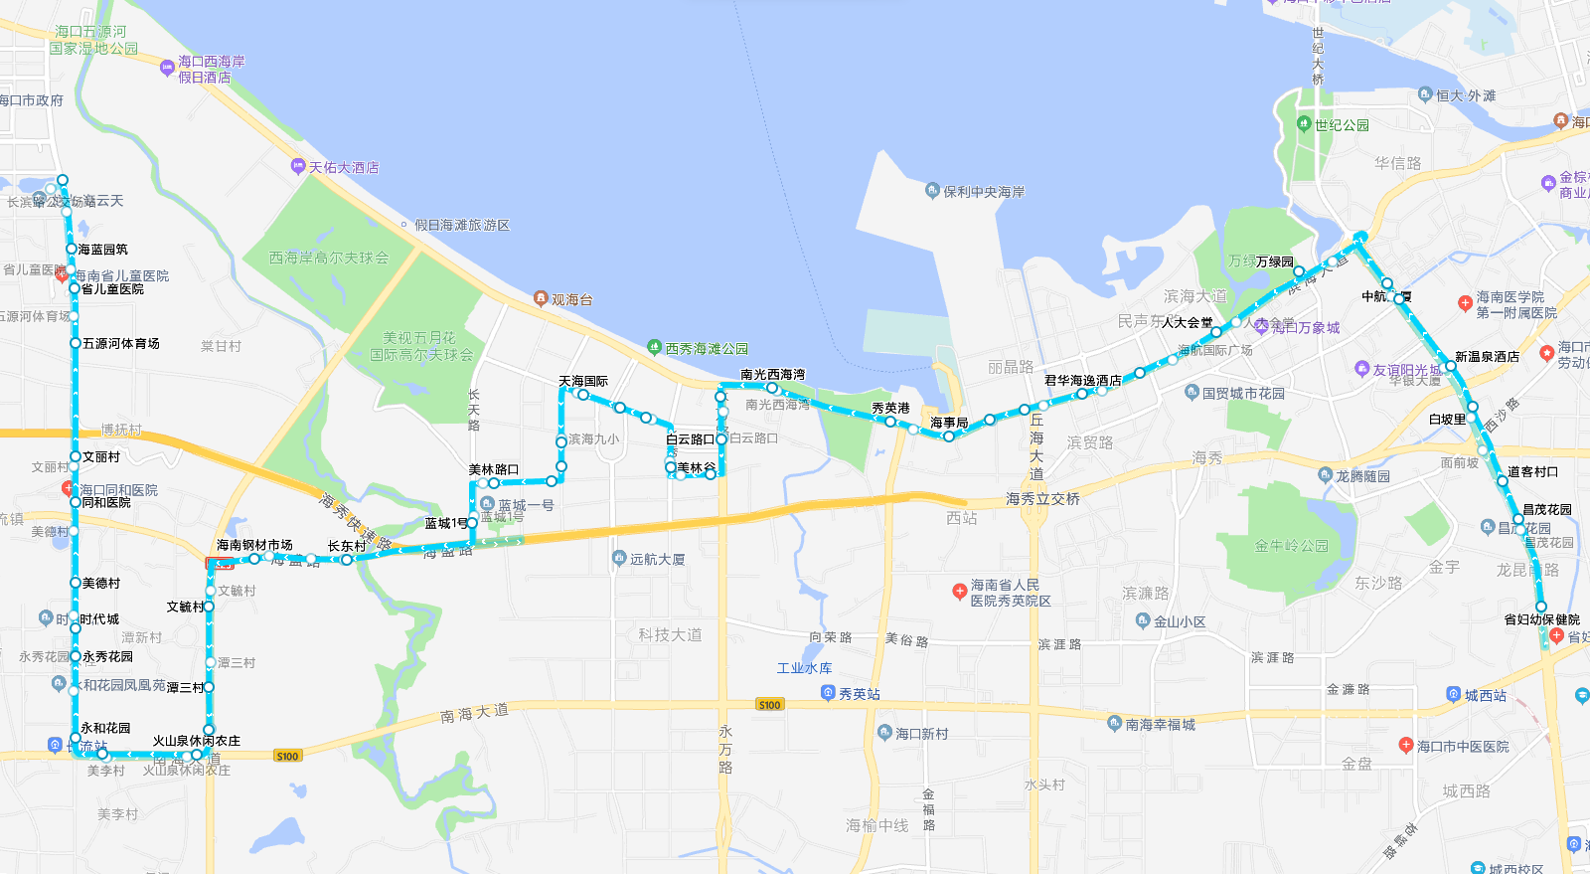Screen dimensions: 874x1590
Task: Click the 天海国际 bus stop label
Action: click(583, 382)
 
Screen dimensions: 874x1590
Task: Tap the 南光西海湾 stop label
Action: click(772, 375)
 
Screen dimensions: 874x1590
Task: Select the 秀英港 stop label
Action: click(890, 409)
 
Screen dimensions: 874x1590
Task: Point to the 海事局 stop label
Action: click(949, 424)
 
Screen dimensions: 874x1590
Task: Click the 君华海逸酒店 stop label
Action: click(1082, 381)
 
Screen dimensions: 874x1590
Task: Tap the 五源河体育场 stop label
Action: click(120, 343)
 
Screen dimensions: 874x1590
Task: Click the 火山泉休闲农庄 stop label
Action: click(196, 741)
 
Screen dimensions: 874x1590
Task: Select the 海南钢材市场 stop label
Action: click(254, 545)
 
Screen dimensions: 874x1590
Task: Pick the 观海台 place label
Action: click(571, 299)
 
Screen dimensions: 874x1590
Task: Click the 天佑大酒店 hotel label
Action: click(343, 168)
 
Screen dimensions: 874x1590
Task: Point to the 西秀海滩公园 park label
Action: click(706, 349)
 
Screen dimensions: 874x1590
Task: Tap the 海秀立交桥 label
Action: click(1042, 499)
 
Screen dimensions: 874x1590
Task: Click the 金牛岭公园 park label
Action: click(1291, 546)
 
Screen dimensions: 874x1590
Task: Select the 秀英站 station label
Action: click(859, 694)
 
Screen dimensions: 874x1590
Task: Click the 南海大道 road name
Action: click(474, 714)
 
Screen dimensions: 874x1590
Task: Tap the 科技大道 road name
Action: click(670, 634)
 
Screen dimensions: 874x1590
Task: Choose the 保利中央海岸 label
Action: click(983, 192)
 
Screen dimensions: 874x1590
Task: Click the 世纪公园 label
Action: click(1341, 125)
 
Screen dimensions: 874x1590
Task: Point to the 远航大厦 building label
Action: click(657, 560)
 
